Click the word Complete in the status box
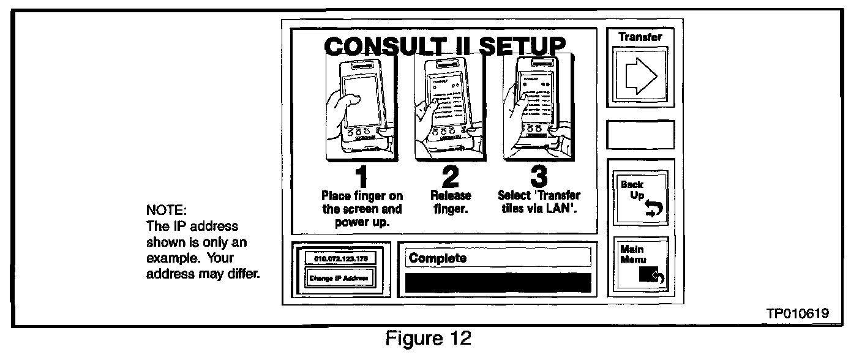[438, 258]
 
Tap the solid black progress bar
[498, 282]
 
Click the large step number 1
[362, 177]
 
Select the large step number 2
[450, 177]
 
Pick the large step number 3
[538, 177]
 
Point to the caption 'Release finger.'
[451, 202]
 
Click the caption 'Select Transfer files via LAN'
[539, 202]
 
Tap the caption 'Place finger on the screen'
[362, 209]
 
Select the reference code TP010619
[797, 313]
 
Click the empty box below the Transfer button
[640, 135]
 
